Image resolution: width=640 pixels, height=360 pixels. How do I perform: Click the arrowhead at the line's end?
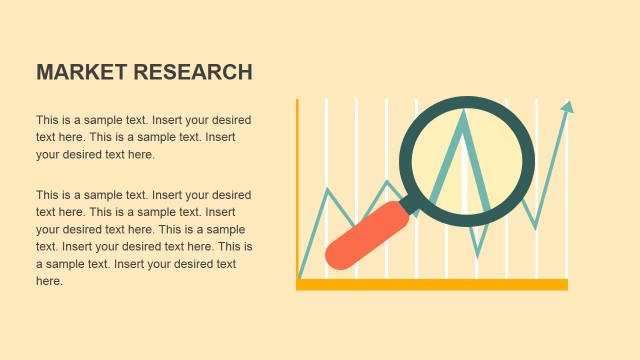click(x=568, y=106)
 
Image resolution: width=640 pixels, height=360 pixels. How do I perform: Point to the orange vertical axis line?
click(x=298, y=190)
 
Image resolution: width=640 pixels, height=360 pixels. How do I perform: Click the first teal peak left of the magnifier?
click(x=327, y=188)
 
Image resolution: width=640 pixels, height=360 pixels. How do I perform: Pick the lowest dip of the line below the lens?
click(x=477, y=255)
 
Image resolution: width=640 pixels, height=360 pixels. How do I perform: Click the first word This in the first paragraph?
click(x=48, y=120)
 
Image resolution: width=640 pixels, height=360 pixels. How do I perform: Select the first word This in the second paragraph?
click(x=48, y=195)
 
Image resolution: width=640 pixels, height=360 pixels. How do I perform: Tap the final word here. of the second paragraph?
click(x=49, y=282)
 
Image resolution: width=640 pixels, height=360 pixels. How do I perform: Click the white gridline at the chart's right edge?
click(x=567, y=200)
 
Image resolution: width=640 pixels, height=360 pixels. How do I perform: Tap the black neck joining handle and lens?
click(x=410, y=205)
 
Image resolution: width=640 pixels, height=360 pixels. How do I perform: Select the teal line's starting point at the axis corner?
click(x=299, y=277)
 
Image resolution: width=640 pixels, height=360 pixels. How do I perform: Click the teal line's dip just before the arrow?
click(x=536, y=229)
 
